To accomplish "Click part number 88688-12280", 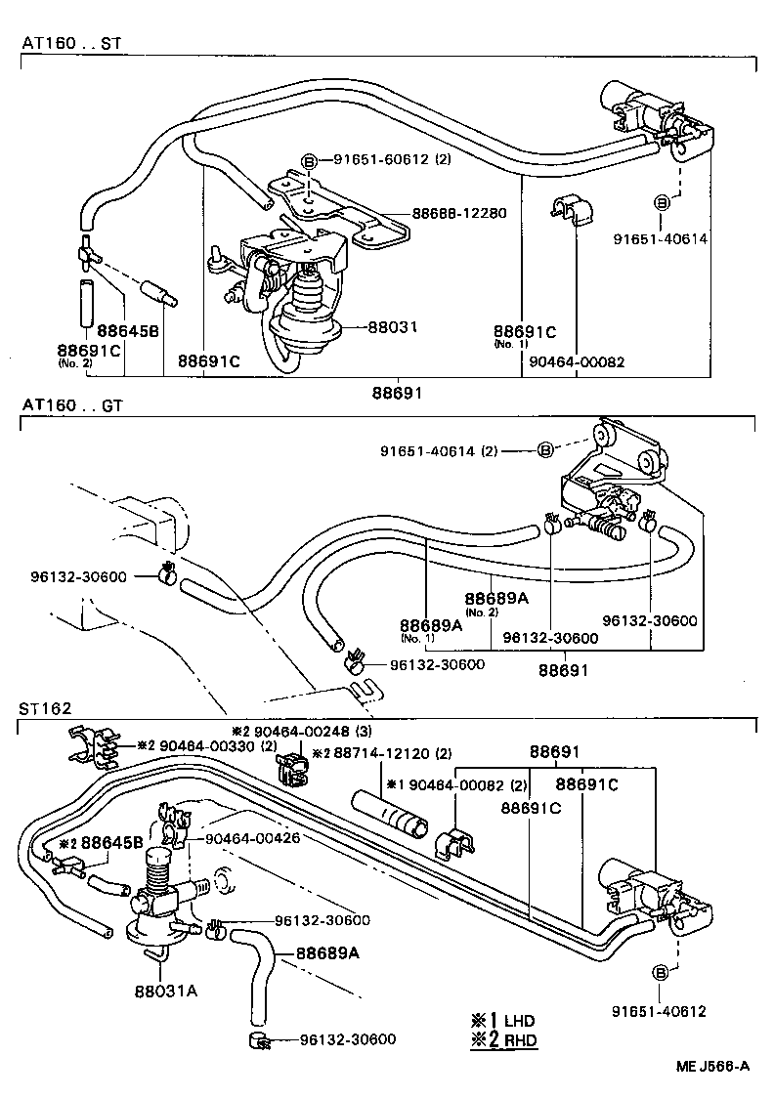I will pos(458,212).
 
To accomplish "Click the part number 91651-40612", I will pos(659,1011).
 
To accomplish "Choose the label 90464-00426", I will pos(252,837).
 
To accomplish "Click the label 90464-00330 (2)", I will pos(214,745).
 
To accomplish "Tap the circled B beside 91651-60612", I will pos(308,161).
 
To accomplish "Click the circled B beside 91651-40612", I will pos(661,973).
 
